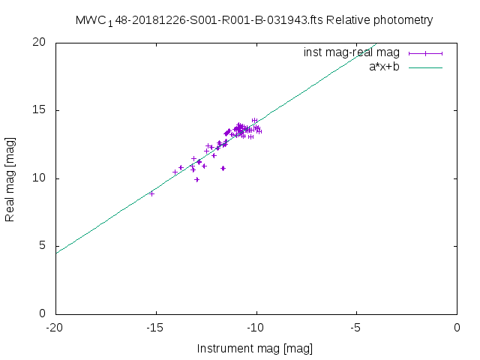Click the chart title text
(x=254, y=20)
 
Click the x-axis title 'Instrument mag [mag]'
(x=254, y=348)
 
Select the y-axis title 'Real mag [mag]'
(x=10, y=178)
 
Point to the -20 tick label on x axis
(x=55, y=328)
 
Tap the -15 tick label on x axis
(x=155, y=328)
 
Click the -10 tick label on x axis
(x=256, y=328)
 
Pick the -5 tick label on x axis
(x=356, y=328)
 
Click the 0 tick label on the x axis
(x=457, y=328)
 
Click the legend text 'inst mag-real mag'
(x=351, y=52)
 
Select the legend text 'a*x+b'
(x=384, y=67)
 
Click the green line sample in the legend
(x=426, y=67)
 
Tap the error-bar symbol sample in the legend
(x=426, y=52)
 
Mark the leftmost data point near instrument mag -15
(x=151, y=193)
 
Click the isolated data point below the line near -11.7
(x=223, y=168)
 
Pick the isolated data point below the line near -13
(x=196, y=179)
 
